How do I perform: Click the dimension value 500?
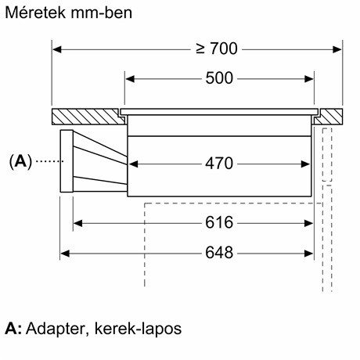pos(219,78)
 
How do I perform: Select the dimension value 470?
pos(219,164)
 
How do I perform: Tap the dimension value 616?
pos(219,223)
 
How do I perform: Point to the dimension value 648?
pos(219,253)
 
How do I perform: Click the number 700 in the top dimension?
pos(224,49)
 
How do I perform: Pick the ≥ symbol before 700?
pos(200,49)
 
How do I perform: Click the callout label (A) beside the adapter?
pos(20,161)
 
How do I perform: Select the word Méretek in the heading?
pos(35,13)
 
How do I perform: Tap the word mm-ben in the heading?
pos(102,13)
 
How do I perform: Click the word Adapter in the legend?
pos(56,329)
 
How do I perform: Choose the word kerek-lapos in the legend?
pos(138,329)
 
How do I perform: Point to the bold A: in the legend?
pos(13,329)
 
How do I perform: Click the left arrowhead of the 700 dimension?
pos(56,49)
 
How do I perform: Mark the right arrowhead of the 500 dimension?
pos(309,79)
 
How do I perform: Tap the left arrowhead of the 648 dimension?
pos(65,253)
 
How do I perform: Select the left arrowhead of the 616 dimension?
pos(77,223)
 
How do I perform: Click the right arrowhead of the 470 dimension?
pos(305,164)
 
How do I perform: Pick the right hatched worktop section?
pos(329,117)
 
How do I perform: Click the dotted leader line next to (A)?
pos(49,161)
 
